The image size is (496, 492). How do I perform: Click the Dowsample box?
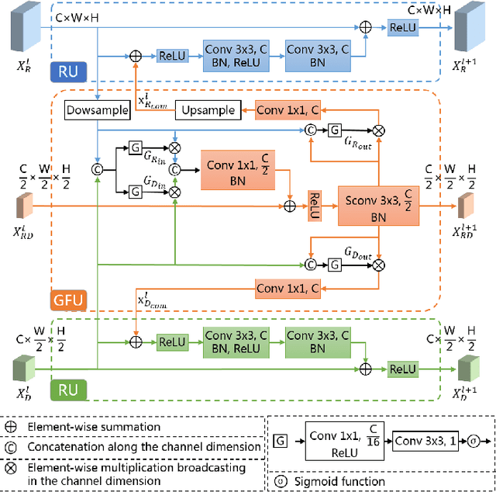pos(98,110)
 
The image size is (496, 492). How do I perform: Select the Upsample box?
pos(208,110)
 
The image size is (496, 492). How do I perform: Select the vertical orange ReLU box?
pos(315,204)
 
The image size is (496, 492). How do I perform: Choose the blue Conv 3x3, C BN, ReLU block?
pos(237,56)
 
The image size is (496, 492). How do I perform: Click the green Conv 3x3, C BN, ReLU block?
pos(237,342)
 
